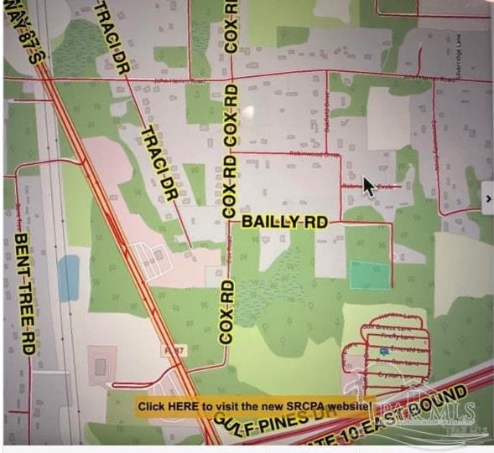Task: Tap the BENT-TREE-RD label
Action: (24, 293)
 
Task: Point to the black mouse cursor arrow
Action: (367, 185)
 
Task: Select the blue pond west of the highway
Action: (69, 277)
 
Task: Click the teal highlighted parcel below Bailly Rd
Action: (369, 275)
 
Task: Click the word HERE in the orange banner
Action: (183, 406)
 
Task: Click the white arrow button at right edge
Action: (487, 198)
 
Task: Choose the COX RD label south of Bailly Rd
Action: (226, 312)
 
